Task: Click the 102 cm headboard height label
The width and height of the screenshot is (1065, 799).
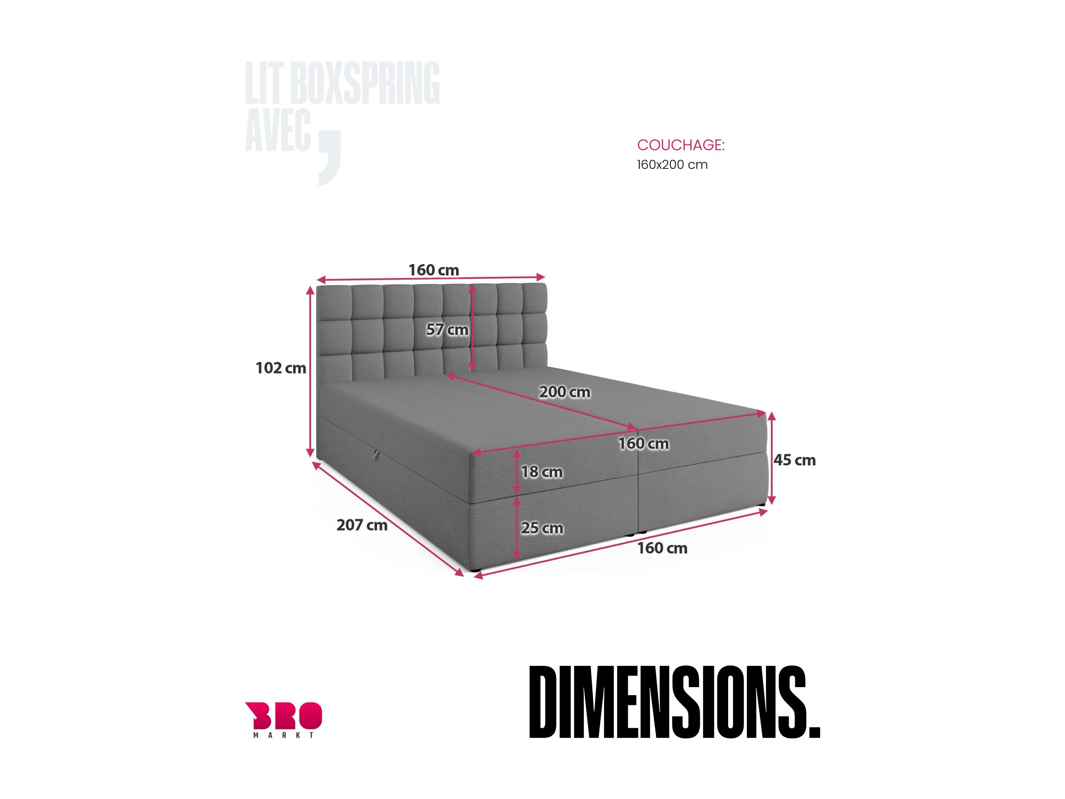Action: click(x=281, y=368)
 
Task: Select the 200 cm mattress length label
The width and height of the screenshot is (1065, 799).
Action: click(x=564, y=392)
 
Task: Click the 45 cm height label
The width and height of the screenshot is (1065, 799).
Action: click(x=794, y=460)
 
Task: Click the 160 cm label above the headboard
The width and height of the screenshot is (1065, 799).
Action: click(x=434, y=270)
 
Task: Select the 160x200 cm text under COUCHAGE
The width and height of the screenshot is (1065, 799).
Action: click(x=672, y=165)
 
